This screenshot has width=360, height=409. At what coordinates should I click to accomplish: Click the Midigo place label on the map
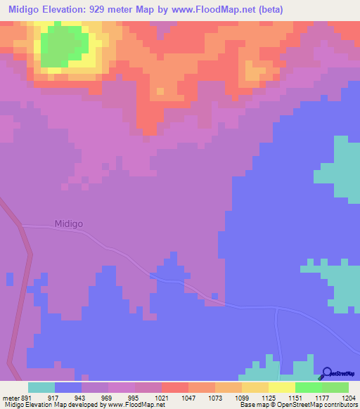[x=69, y=224]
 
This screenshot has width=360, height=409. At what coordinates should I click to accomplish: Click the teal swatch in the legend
[x=41, y=387]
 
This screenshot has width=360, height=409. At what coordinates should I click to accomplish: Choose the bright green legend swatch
[x=308, y=387]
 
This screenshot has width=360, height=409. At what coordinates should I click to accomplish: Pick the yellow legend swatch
[x=281, y=387]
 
